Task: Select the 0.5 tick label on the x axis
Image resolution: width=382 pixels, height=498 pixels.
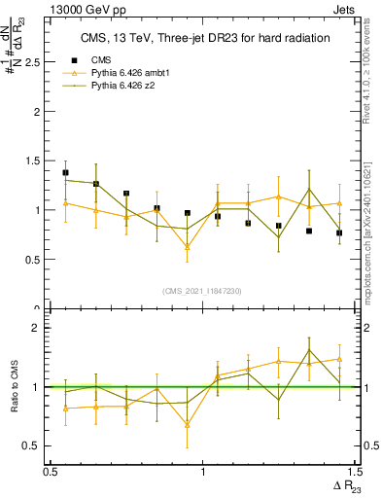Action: pyautogui.click(x=50, y=472)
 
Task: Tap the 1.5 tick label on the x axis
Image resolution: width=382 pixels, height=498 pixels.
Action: pyautogui.click(x=355, y=472)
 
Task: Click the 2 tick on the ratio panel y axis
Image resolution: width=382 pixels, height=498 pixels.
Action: pyautogui.click(x=39, y=328)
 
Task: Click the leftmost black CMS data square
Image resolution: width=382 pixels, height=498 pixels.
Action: pyautogui.click(x=65, y=172)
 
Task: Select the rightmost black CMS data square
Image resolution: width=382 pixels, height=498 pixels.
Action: pyautogui.click(x=339, y=232)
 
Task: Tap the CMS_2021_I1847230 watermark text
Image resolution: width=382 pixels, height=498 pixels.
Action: pyautogui.click(x=202, y=291)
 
